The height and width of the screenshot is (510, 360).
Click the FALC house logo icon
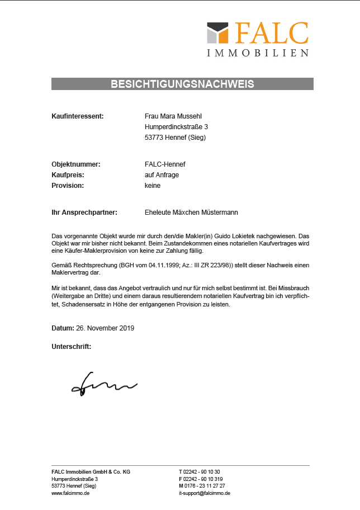pos(217,32)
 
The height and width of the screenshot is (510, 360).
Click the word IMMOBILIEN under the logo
pos(258,53)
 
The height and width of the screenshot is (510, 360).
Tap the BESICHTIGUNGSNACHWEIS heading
pos(182,84)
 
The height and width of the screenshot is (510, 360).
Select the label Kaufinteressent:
pos(78,116)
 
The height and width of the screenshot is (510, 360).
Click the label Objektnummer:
pos(75,164)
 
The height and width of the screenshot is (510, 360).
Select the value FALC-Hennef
pos(165,164)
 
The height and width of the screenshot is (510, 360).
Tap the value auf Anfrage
pos(162,175)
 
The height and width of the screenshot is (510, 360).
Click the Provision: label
pos(68,186)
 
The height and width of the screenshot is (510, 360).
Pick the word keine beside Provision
pos(153,186)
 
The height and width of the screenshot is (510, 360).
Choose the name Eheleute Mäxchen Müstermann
pos(191,212)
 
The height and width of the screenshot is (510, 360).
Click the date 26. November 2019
pos(105,328)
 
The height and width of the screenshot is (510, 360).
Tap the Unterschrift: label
pos(71,347)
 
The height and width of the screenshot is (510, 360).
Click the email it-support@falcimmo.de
pos(205,493)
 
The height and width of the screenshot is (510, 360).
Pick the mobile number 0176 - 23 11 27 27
pos(205,486)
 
